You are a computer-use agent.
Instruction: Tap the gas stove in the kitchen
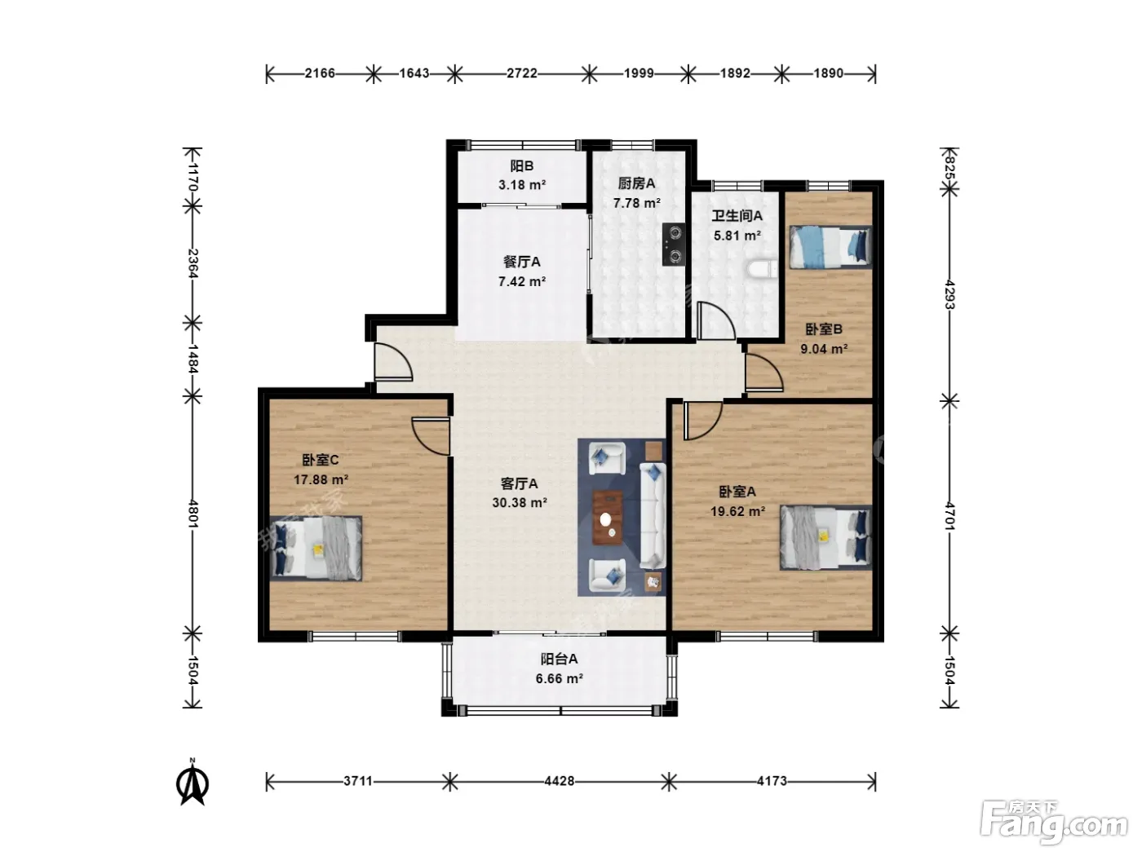click(674, 245)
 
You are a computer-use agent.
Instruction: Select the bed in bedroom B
click(830, 247)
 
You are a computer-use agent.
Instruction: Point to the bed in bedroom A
click(826, 538)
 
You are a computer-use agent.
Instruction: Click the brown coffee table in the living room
click(608, 518)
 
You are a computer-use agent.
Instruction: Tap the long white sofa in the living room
click(653, 515)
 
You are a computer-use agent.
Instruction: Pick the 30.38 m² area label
click(520, 502)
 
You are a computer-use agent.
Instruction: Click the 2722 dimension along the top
click(522, 73)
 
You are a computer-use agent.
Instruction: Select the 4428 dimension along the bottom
click(560, 781)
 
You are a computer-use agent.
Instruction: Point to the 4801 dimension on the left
click(193, 514)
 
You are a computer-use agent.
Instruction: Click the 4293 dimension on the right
click(950, 294)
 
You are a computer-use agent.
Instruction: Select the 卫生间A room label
click(737, 215)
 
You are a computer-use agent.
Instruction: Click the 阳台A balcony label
click(559, 659)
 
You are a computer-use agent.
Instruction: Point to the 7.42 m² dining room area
click(522, 281)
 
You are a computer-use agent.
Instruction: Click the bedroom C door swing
click(430, 435)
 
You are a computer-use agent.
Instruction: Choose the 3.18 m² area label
click(522, 184)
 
